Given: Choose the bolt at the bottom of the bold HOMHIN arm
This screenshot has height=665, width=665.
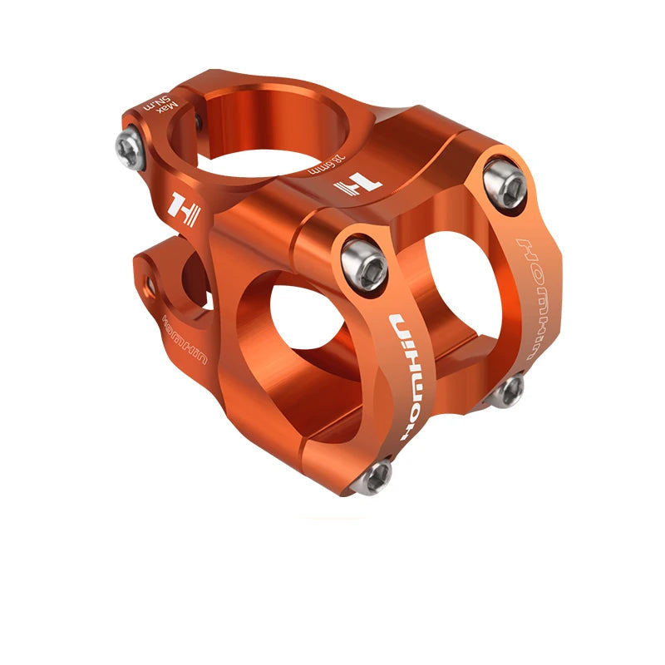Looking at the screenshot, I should [x=375, y=476].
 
